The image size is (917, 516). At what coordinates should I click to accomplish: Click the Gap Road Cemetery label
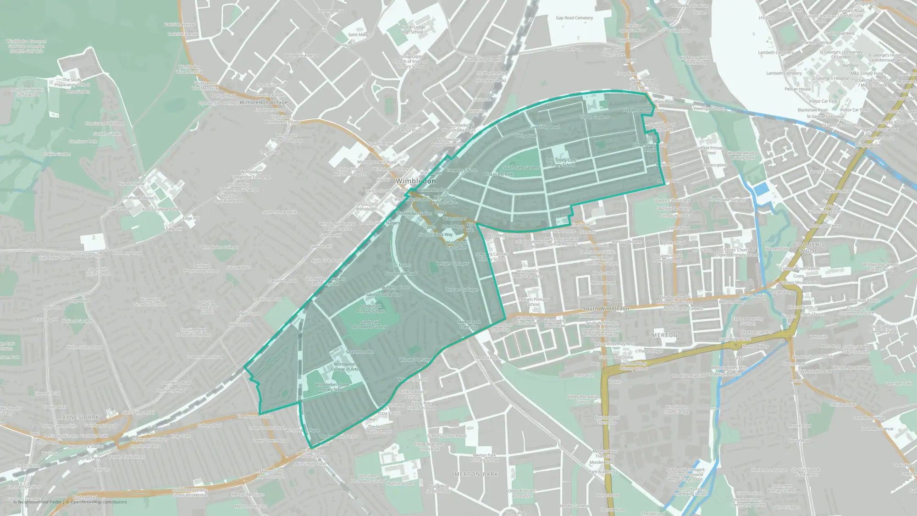coord(574,18)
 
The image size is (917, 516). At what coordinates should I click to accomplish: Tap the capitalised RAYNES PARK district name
coord(79,417)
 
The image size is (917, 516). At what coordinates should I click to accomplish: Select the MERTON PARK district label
coord(476,474)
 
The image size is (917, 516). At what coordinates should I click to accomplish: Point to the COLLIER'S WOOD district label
coord(809,248)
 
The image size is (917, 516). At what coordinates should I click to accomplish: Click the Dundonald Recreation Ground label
coord(370,324)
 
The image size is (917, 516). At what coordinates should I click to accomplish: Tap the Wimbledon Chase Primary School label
coord(332,387)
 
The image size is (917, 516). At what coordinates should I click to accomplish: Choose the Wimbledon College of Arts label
coord(345,366)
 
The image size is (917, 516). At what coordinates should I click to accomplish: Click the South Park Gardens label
coord(521,167)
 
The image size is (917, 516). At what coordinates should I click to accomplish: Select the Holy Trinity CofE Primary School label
coord(561,162)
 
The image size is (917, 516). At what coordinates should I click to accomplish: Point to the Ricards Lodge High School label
coord(412,29)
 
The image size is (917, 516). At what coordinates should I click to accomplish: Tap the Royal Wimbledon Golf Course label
coord(28,92)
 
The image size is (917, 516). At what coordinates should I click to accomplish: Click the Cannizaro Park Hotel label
coord(105,123)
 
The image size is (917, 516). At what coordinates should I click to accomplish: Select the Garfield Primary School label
coord(709,150)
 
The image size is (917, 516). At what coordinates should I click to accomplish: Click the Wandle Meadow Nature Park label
coord(743,155)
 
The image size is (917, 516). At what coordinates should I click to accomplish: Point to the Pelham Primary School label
coord(533,302)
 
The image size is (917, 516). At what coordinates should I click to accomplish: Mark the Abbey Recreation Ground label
coord(583,399)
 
